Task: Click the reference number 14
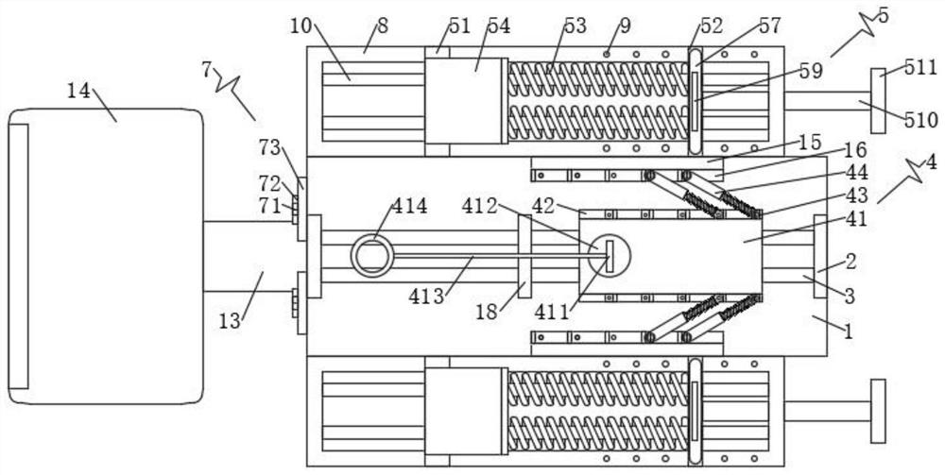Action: (x=78, y=92)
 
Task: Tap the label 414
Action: (x=409, y=207)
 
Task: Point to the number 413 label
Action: (x=427, y=296)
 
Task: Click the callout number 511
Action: (x=920, y=67)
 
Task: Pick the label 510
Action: (x=921, y=121)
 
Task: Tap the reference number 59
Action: (x=811, y=71)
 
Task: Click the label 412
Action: (x=480, y=207)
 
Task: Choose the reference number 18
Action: (x=488, y=312)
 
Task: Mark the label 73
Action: (x=271, y=147)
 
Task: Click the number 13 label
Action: (x=230, y=321)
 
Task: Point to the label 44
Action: (x=856, y=173)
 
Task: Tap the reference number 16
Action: (x=855, y=149)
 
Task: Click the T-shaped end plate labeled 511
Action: (x=878, y=100)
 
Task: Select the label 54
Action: (x=499, y=25)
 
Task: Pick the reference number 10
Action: (x=302, y=25)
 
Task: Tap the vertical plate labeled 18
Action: (x=524, y=256)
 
